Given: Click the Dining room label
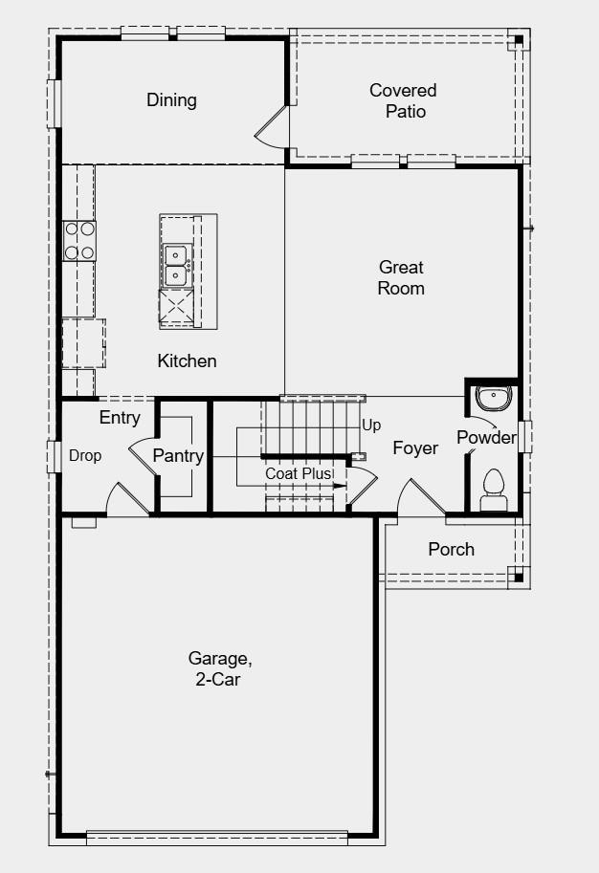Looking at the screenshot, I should tap(171, 100).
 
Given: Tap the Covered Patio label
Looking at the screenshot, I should tap(403, 100).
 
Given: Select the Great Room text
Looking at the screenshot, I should tap(401, 277).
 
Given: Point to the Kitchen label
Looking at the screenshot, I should tap(187, 360).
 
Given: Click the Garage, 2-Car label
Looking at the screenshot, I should tap(219, 668).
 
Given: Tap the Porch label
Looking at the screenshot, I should tap(451, 549).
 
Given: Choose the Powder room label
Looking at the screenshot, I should tap(486, 438).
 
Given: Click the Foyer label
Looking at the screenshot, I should tap(415, 447).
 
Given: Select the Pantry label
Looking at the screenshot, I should tap(178, 456).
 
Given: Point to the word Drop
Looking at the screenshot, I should tap(85, 456).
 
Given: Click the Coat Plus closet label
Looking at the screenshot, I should tap(299, 473).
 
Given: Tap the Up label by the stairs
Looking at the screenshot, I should tap(371, 425).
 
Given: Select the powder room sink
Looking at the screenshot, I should tap(494, 396).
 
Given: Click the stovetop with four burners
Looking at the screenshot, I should tap(79, 241).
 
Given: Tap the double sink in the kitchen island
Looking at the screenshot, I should tap(177, 265).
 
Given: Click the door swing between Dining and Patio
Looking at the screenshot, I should tap(273, 129).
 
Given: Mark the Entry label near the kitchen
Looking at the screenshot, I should tap(120, 418).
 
